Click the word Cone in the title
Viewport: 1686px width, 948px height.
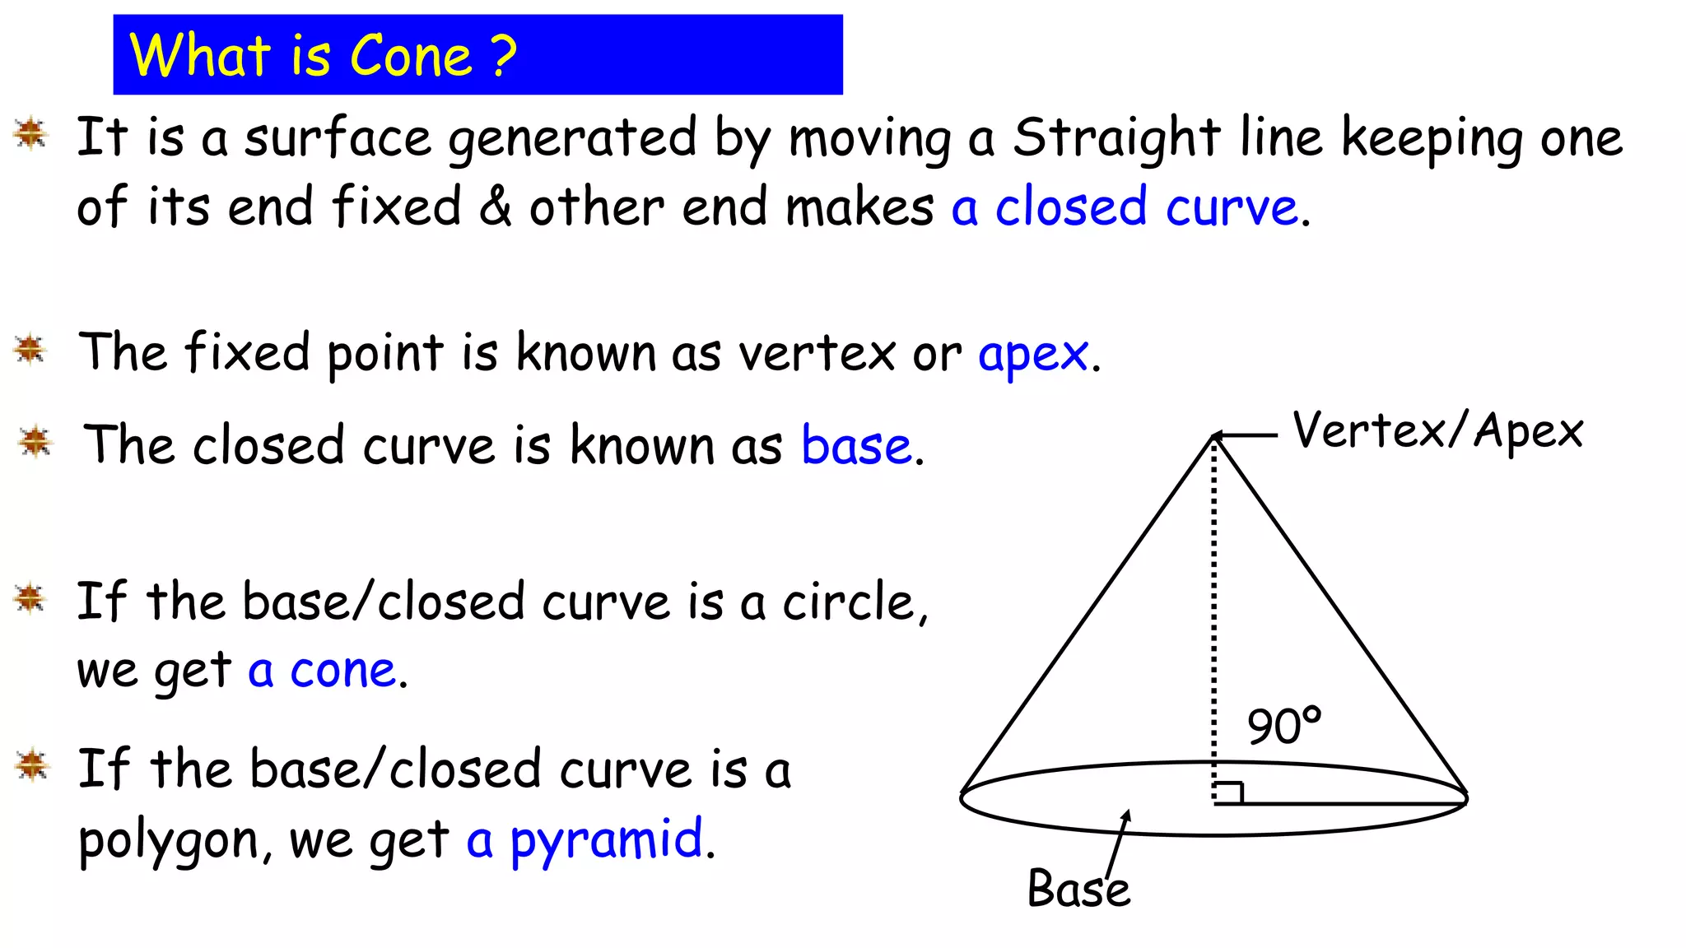411,56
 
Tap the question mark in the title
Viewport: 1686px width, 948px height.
503,56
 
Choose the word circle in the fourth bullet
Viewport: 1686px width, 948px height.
848,602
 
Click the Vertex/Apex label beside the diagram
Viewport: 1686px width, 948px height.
1437,431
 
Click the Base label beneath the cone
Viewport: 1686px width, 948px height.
1078,889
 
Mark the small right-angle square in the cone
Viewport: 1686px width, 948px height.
1228,792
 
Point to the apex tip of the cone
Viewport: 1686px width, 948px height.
1214,436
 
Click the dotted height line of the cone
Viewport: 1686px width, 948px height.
1213,617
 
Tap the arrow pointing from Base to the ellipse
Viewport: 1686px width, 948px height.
1118,843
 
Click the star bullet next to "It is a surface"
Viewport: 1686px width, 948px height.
31,133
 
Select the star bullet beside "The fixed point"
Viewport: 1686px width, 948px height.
31,350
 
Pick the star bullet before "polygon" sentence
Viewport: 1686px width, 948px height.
33,765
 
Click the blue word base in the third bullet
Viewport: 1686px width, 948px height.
856,446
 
